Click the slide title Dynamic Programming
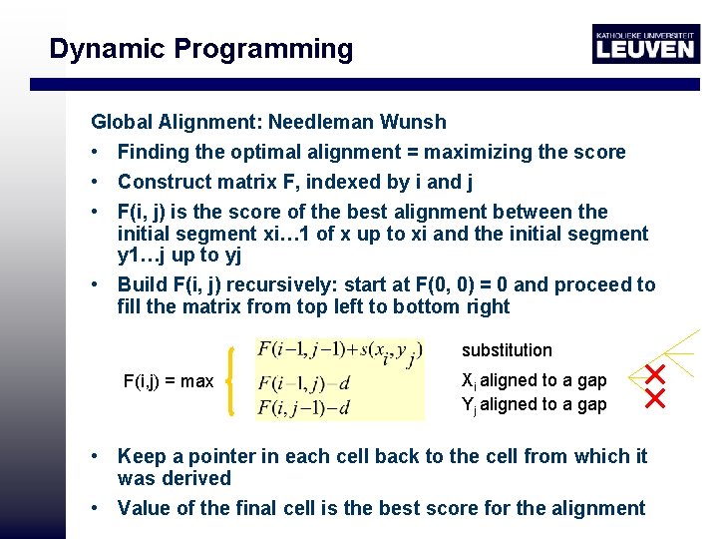200,49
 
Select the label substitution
507,350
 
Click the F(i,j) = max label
168,380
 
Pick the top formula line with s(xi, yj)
340,350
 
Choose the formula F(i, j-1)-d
303,407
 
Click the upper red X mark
655,376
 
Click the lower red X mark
655,399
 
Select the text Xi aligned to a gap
534,380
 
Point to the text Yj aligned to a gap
534,404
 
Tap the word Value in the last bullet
144,508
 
